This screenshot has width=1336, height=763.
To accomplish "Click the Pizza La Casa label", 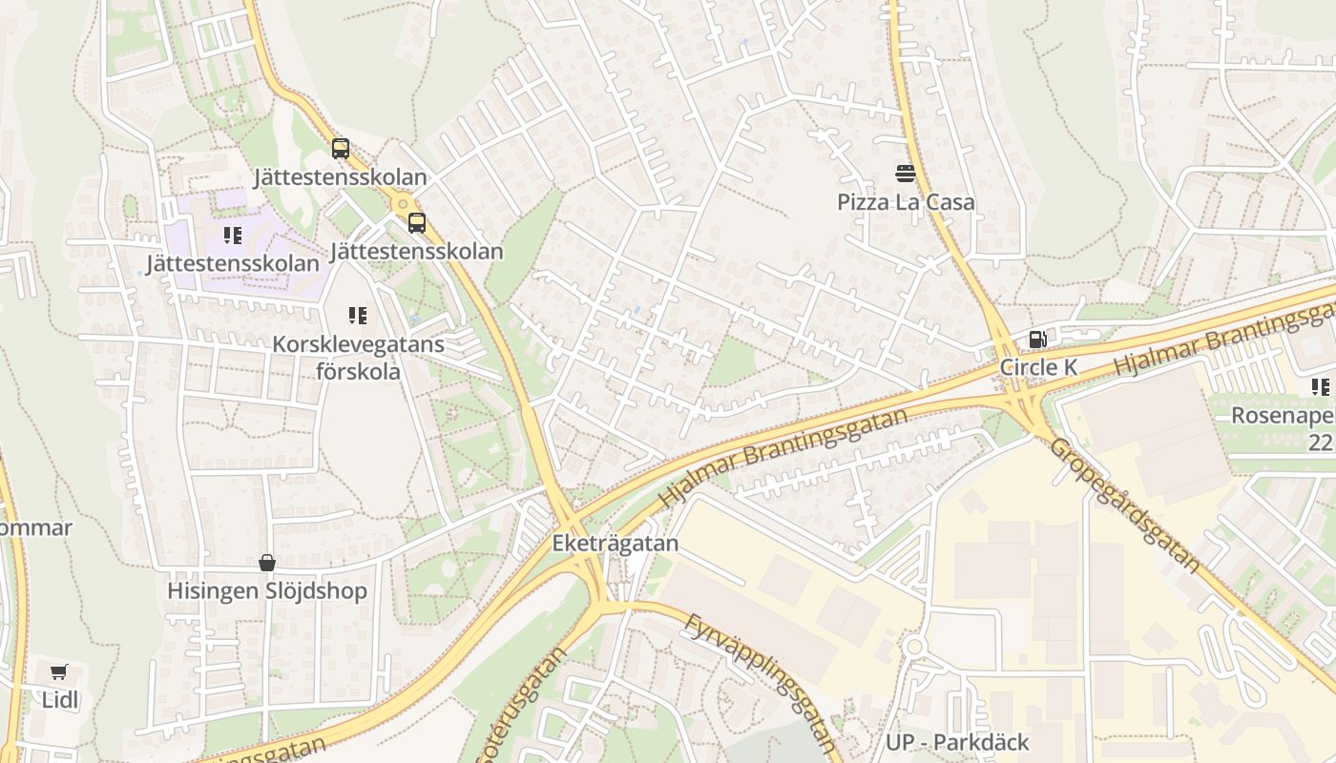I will click(906, 202).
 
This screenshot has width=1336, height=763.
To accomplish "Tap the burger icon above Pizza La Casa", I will click(906, 173).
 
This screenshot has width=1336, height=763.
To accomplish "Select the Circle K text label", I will click(1038, 367).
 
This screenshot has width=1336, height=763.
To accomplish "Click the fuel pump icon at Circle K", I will click(1037, 339).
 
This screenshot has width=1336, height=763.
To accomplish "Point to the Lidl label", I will click(59, 700).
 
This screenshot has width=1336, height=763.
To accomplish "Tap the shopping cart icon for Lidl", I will click(59, 671).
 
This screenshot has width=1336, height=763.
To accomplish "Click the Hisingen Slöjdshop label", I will click(267, 591).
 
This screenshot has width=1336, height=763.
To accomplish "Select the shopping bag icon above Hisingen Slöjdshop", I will click(267, 563).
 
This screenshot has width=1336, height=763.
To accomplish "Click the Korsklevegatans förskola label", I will click(358, 357).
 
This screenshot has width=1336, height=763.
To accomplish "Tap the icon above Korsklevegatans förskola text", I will click(358, 315).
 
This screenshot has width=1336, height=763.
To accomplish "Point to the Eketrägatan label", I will click(616, 544).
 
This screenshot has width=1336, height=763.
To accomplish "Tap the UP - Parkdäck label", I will click(957, 742).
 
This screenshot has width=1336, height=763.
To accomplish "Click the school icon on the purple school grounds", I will click(232, 235).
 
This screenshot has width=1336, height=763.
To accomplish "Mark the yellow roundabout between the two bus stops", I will click(403, 202).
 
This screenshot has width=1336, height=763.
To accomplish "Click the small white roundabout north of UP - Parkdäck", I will click(913, 648).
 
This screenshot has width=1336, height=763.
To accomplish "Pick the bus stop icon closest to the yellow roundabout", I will click(416, 223).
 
